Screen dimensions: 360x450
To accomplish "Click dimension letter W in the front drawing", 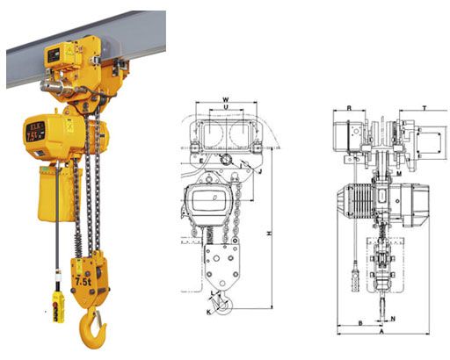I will pyautogui.click(x=226, y=99).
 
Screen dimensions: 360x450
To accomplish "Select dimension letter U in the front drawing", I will pyautogui.click(x=227, y=110).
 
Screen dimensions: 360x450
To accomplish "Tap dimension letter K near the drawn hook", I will pyautogui.click(x=208, y=312).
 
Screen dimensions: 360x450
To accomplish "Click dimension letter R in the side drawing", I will pyautogui.click(x=349, y=109).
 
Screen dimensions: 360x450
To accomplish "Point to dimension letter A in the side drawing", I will pyautogui.click(x=380, y=335).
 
